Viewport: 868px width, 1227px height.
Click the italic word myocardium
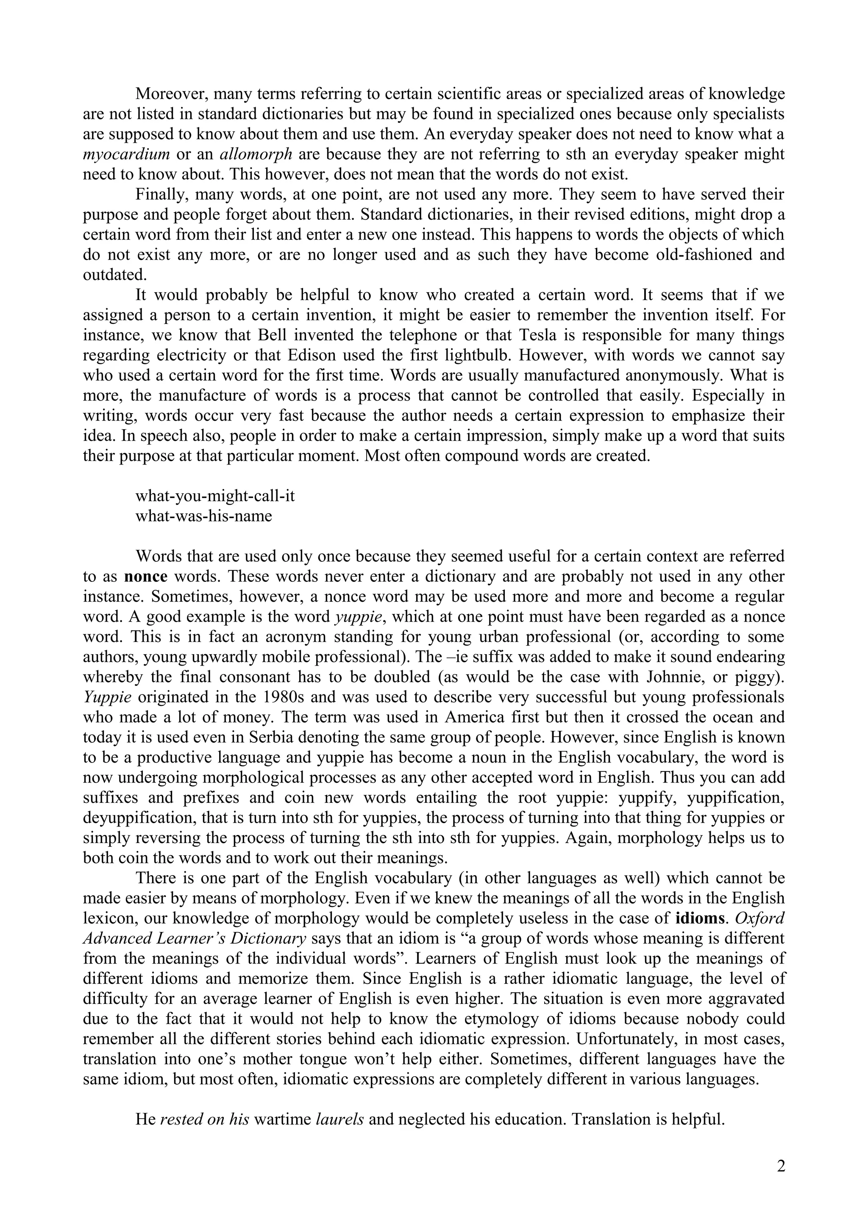click(x=126, y=155)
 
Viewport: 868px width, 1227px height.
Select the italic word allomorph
click(x=256, y=155)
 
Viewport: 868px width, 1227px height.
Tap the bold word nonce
click(x=145, y=577)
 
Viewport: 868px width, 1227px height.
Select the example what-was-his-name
click(x=204, y=516)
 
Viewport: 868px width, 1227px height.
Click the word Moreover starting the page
click(x=172, y=94)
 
